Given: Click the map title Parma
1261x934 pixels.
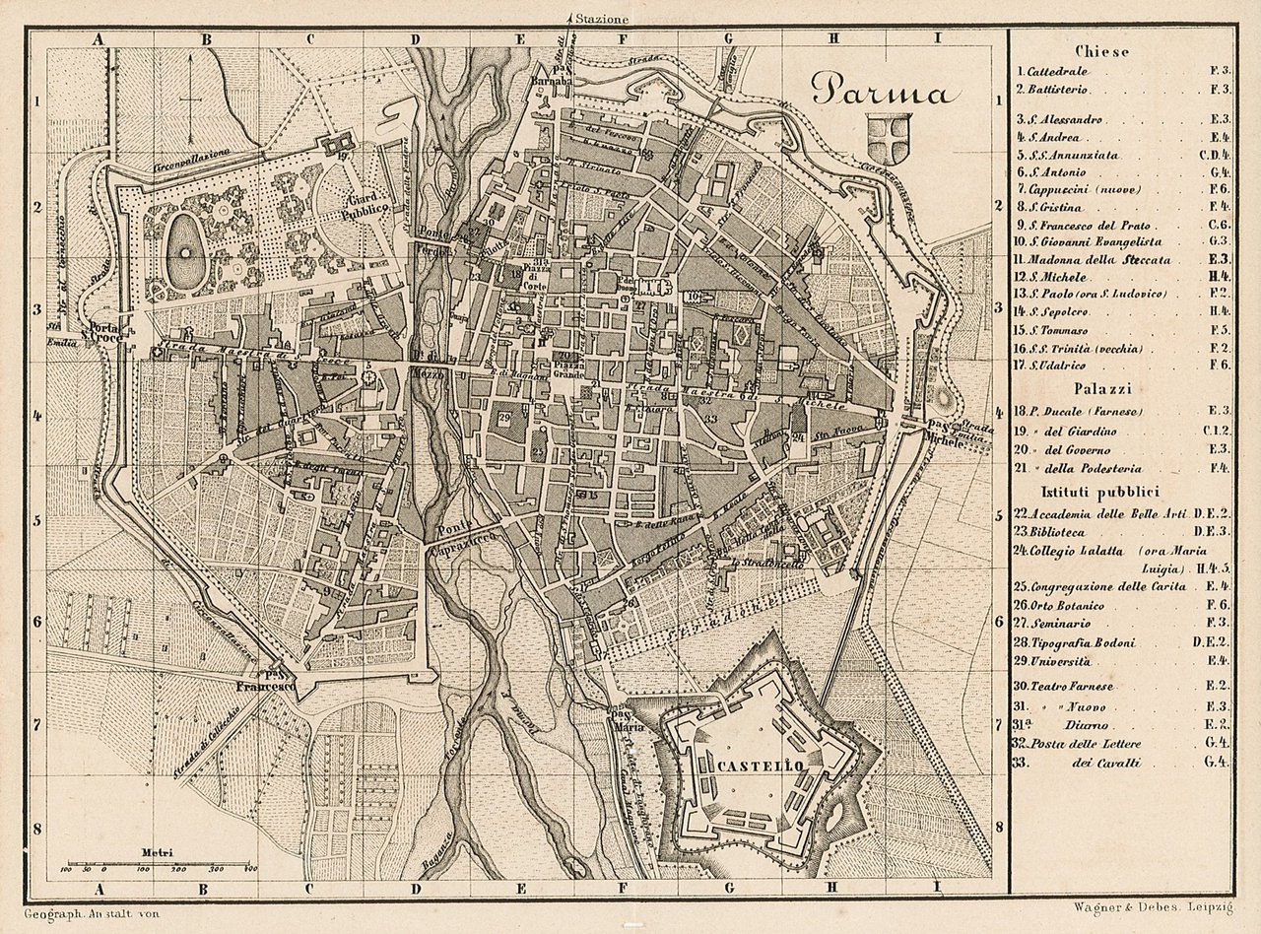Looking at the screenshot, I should [x=884, y=92].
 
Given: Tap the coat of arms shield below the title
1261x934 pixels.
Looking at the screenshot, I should [x=889, y=138].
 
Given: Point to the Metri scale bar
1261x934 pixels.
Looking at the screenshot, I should [x=158, y=864].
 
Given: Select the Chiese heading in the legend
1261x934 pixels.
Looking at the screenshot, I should [x=1102, y=51].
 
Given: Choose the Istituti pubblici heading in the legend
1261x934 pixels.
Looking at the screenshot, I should [x=1100, y=491].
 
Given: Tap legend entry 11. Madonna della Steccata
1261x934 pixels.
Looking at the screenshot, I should [x=1095, y=260].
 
